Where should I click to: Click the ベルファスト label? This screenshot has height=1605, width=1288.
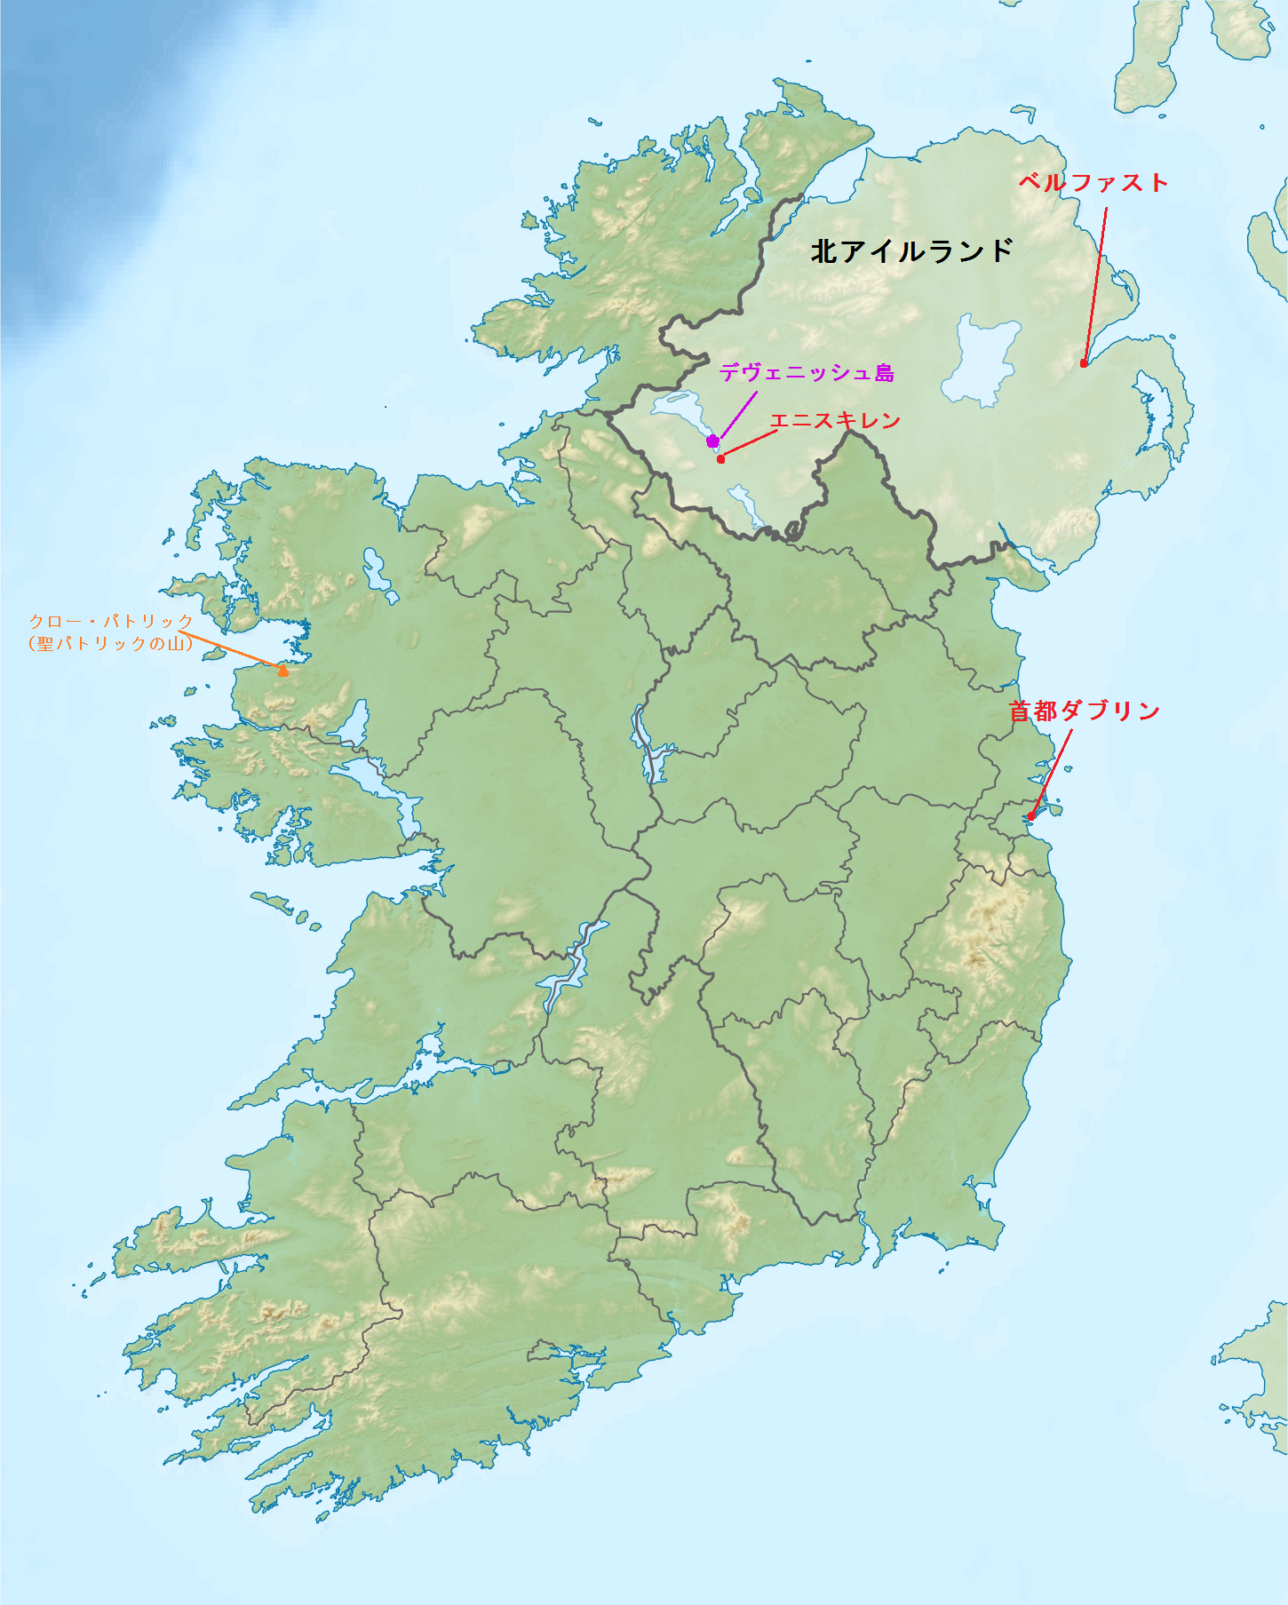[1093, 182]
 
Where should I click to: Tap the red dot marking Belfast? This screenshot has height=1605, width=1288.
[1084, 363]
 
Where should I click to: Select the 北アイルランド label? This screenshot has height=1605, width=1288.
[912, 251]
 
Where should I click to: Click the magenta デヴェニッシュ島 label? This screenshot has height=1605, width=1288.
[807, 373]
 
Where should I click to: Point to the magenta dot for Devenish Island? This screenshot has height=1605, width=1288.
[712, 441]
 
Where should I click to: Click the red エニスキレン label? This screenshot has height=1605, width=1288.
[835, 420]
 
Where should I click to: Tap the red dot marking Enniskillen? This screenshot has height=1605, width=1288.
[721, 459]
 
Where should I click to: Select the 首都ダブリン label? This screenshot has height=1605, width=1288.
[1084, 711]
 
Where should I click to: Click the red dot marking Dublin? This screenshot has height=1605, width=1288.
[1030, 816]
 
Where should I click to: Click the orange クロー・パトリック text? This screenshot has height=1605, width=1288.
[111, 621]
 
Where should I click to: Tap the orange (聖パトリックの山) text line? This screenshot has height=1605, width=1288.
[111, 643]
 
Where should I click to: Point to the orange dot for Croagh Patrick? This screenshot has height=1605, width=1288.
[283, 671]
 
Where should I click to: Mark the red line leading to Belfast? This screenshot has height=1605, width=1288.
[1095, 284]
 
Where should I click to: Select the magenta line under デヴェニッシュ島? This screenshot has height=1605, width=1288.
[737, 414]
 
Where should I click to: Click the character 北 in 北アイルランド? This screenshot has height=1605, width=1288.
[824, 251]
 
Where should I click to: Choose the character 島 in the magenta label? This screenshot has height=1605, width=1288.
[884, 373]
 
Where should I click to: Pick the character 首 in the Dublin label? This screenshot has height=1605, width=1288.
[1021, 711]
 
